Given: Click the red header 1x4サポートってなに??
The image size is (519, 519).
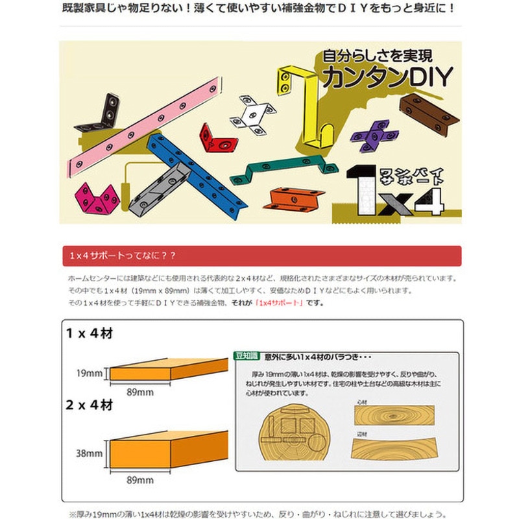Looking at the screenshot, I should point(123,256).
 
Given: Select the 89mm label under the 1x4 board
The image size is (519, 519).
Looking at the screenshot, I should point(140,392).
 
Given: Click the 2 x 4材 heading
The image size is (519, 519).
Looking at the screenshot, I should point(90,405).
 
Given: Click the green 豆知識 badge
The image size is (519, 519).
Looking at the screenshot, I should point(247,356).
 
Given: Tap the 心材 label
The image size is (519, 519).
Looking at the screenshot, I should point(362,402).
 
